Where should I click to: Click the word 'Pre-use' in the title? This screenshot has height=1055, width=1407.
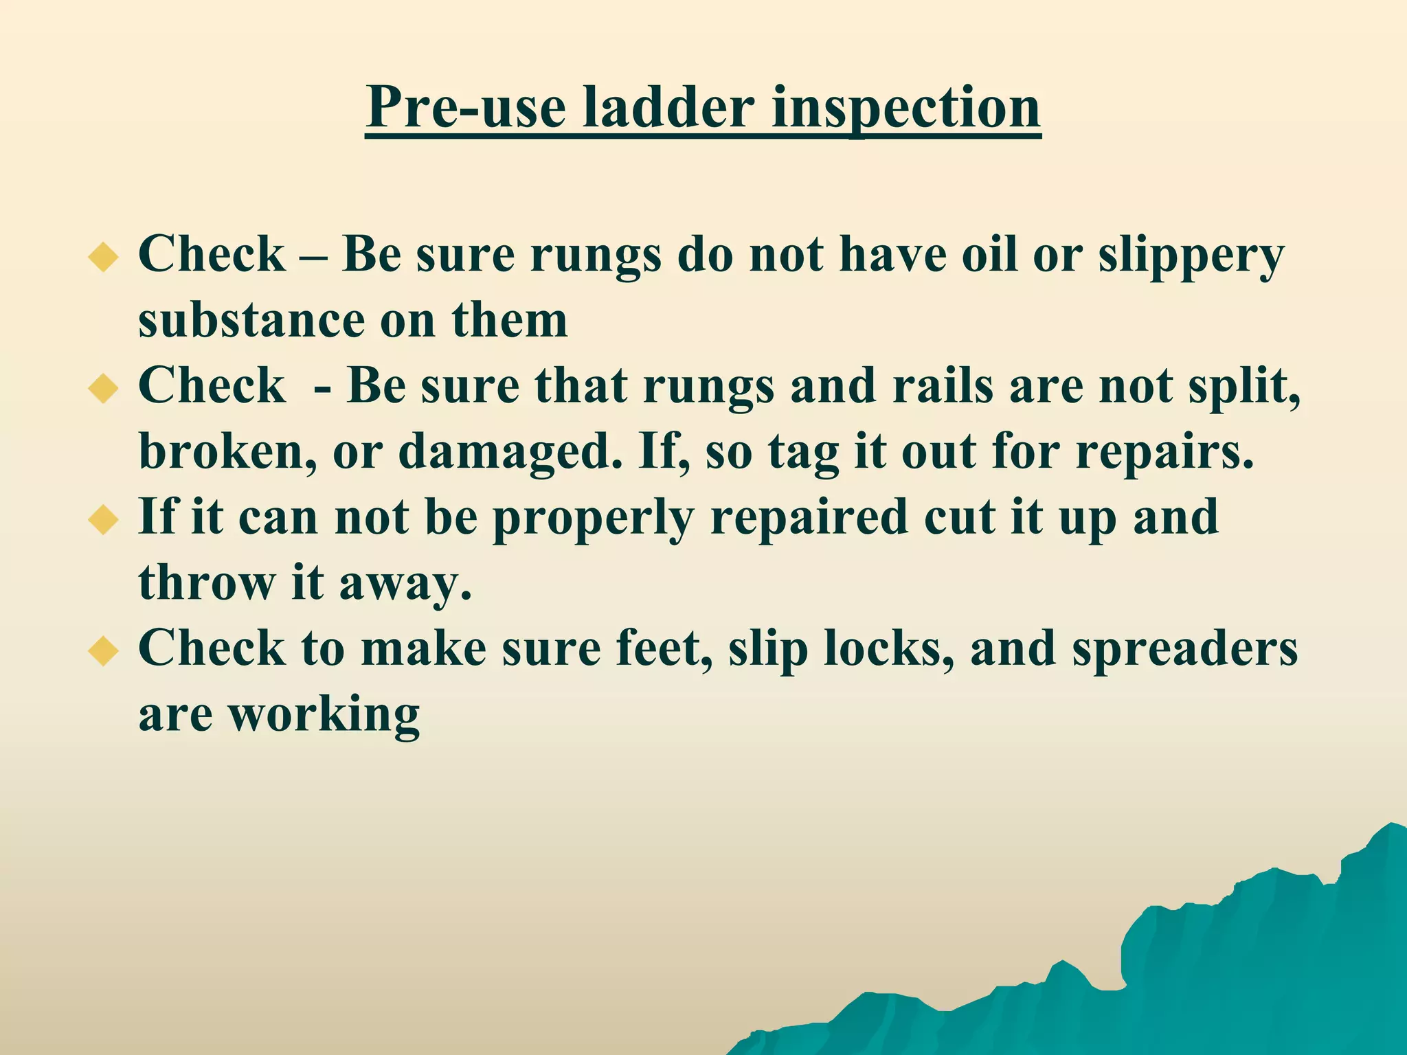click(466, 108)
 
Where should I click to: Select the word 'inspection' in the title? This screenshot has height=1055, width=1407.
click(906, 108)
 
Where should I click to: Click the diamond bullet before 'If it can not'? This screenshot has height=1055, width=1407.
click(104, 519)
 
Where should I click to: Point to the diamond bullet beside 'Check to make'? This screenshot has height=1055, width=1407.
click(104, 650)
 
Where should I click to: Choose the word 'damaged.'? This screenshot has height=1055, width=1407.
click(510, 453)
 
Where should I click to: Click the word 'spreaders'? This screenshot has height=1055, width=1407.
click(1184, 650)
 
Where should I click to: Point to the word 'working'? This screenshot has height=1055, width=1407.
click(324, 715)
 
